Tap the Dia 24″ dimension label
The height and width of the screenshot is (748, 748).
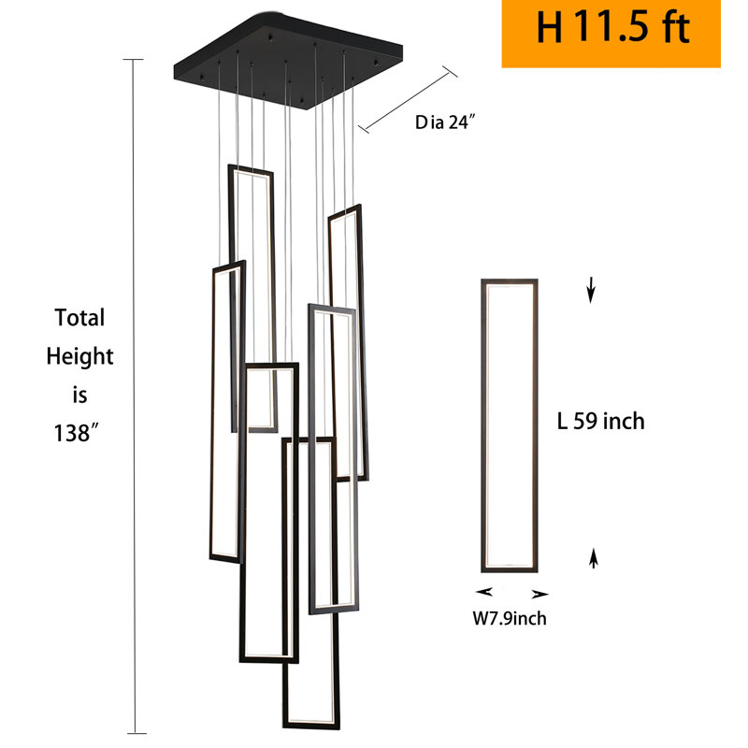pyautogui.click(x=445, y=122)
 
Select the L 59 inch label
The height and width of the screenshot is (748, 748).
pyautogui.click(x=600, y=422)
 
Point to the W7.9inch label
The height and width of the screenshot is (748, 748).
pyautogui.click(x=510, y=618)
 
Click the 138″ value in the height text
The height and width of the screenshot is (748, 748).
pyautogui.click(x=76, y=434)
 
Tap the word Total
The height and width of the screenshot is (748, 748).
pyautogui.click(x=79, y=317)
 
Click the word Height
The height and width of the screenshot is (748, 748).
pyautogui.click(x=79, y=357)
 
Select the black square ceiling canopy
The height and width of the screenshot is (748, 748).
pyautogui.click(x=288, y=61)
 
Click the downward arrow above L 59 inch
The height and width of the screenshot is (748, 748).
pyautogui.click(x=591, y=290)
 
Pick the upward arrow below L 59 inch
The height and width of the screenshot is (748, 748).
pyautogui.click(x=594, y=558)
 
